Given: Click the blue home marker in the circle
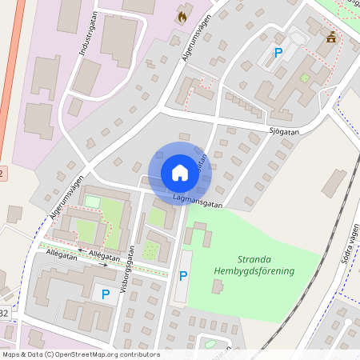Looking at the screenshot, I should [179, 173].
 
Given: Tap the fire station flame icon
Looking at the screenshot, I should [183, 15].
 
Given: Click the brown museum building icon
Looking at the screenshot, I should [330, 37].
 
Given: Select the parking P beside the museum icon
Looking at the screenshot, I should [278, 53].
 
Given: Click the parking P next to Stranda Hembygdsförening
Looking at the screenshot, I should [183, 276].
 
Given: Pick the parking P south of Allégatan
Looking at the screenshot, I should [105, 294].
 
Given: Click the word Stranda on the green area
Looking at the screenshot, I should [254, 259].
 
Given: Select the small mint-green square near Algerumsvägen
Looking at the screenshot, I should [93, 202].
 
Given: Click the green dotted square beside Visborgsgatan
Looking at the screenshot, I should [150, 250].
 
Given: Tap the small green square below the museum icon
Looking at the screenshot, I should [304, 78].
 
